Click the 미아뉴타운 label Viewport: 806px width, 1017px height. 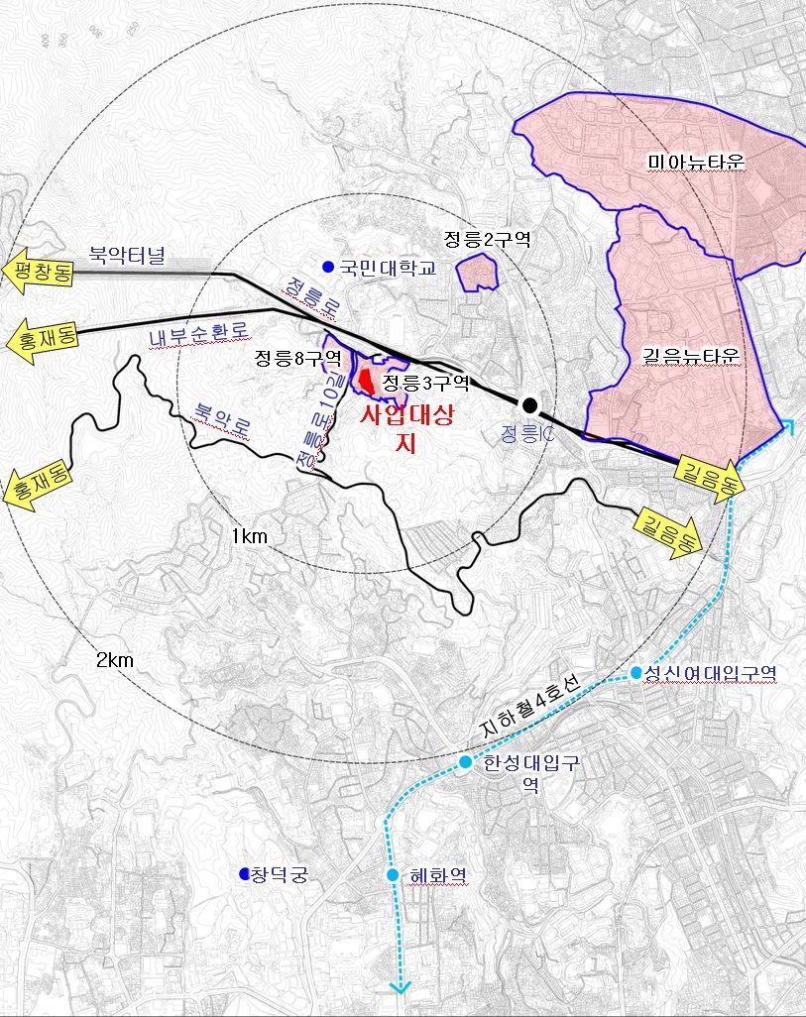pos(695,161)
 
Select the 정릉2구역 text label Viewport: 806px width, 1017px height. pos(488,238)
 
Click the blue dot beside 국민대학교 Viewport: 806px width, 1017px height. pos(328,267)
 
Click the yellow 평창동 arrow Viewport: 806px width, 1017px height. pos(37,272)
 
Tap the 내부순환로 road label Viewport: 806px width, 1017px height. pos(197,334)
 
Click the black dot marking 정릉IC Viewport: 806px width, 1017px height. pos(529,403)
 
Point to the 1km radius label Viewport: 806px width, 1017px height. pos(250,536)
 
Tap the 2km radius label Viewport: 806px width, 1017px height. pos(115,660)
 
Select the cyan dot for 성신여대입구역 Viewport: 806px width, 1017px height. pos(636,672)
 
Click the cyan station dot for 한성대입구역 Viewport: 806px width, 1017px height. pos(465,761)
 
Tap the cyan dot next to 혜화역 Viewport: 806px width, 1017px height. pos(393,875)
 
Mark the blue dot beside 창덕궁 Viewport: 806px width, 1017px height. pos(244,873)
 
